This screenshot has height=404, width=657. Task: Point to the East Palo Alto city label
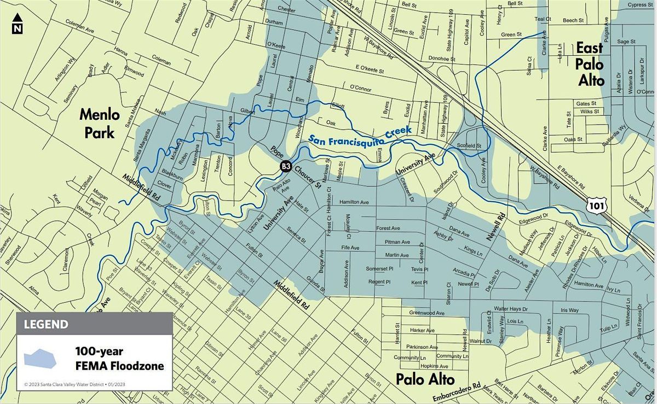pyautogui.click(x=590, y=65)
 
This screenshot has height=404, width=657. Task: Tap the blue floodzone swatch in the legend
pyautogui.click(x=41, y=358)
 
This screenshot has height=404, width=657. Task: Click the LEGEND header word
pyautogui.click(x=46, y=324)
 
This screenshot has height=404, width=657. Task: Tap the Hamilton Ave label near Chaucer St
pyautogui.click(x=354, y=202)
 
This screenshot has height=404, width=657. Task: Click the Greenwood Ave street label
pyautogui.click(x=427, y=313)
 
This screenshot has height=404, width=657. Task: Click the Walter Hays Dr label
pyautogui.click(x=510, y=309)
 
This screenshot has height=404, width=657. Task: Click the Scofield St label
pyautogui.click(x=469, y=146)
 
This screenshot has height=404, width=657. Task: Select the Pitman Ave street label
pyautogui.click(x=397, y=242)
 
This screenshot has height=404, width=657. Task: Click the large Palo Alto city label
pyautogui.click(x=425, y=378)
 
